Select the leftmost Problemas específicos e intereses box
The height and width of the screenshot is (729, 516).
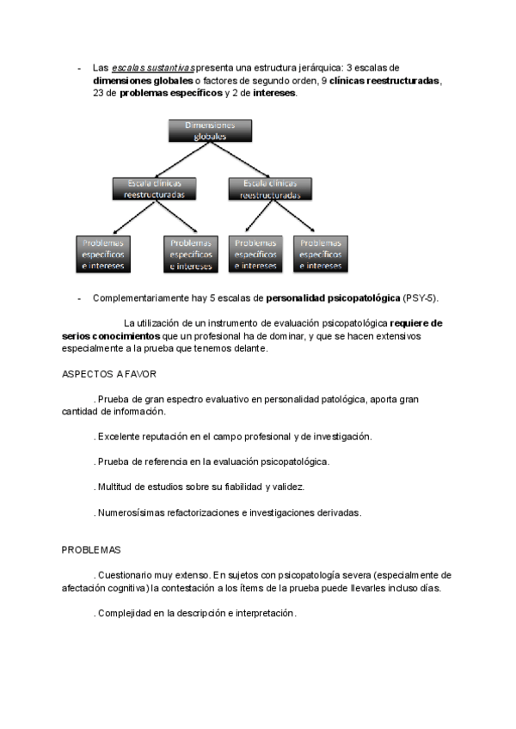tap(103, 254)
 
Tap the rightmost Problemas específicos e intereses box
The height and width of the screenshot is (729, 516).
tap(321, 254)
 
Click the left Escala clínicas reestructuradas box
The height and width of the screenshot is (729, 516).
tap(154, 189)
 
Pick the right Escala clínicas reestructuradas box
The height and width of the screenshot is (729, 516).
tap(270, 189)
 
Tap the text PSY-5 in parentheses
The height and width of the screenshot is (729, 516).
tap(420, 298)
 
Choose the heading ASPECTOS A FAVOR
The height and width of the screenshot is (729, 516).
tap(109, 375)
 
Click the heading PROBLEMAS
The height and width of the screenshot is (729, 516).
tap(91, 549)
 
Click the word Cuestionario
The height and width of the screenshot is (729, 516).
tap(126, 574)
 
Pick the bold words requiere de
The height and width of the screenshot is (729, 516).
tap(416, 323)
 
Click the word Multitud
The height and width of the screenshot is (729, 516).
tap(115, 487)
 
